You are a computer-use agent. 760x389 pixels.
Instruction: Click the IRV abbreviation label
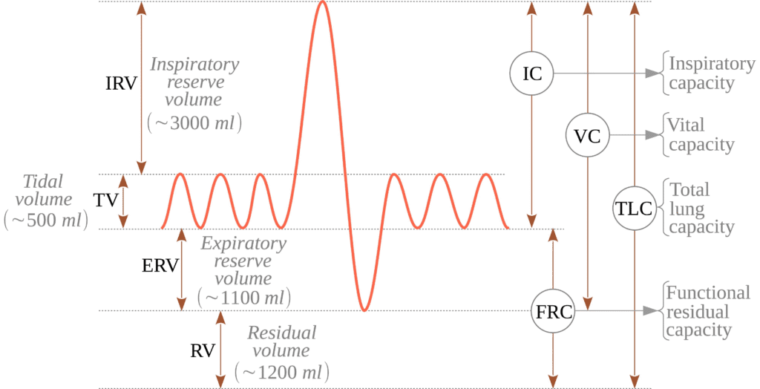coord(121,83)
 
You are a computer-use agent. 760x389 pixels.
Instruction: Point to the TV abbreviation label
coord(106,200)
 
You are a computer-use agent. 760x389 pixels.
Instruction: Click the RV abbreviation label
coord(202,350)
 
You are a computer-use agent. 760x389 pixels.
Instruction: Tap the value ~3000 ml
coord(194,123)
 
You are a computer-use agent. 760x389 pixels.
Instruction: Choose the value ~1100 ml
coord(244,298)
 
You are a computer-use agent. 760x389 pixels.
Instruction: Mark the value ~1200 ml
coord(282,373)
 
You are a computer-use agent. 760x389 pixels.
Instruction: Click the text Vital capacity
coord(698,134)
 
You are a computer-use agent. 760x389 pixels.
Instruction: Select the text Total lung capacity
coord(701,208)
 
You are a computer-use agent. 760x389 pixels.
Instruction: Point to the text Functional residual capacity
coord(707,311)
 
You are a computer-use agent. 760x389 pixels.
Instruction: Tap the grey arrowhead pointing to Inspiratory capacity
coord(653,73)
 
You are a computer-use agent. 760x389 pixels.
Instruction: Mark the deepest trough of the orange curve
coord(364,310)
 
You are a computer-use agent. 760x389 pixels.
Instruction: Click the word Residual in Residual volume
coord(282,333)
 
